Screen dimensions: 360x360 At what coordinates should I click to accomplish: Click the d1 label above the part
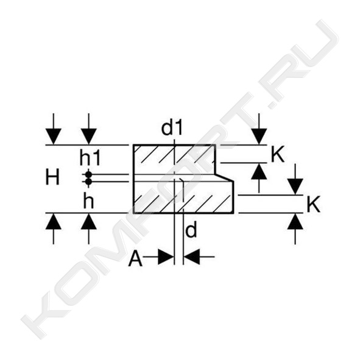172,129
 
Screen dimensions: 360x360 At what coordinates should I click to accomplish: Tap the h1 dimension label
90,158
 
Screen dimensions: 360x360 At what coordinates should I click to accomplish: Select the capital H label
52,177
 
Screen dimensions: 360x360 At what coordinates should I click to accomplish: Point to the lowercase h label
88,202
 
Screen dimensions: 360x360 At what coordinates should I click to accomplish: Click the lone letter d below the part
191,230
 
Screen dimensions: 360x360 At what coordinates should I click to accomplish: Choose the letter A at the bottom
135,259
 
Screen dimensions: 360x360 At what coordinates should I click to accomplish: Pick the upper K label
278,155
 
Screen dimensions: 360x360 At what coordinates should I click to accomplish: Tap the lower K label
313,205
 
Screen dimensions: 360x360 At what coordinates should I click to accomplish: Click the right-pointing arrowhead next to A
166,256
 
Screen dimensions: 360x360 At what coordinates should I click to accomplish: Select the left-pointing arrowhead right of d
192,256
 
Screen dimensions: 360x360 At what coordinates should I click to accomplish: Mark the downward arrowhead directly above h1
88,137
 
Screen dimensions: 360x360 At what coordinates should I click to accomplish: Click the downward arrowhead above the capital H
53,137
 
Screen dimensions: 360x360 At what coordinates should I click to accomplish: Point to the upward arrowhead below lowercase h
88,221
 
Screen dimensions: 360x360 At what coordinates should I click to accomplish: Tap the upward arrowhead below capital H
53,221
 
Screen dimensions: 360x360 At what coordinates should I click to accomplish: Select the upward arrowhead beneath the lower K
295,221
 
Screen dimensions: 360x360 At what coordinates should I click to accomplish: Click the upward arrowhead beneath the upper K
259,171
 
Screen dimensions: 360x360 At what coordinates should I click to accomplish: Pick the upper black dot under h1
88,174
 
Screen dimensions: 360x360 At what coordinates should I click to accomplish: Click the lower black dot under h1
88,182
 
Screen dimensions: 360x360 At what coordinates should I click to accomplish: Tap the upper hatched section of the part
174,160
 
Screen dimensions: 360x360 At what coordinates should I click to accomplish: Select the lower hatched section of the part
184,197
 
